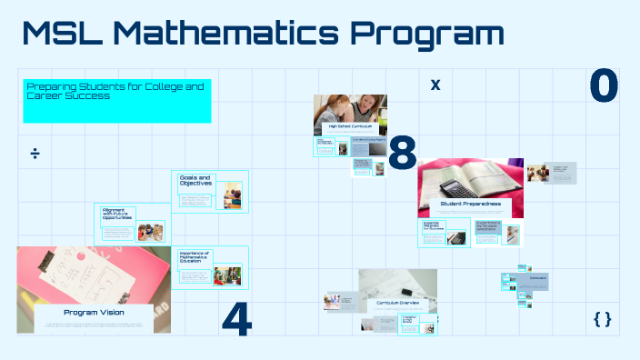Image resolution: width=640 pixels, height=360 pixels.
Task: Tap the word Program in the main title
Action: coord(426,35)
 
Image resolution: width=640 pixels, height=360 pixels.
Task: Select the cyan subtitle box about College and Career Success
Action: coord(117,101)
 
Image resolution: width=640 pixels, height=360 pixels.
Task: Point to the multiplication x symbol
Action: coord(435,85)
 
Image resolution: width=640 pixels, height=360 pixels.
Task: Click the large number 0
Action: coord(604,85)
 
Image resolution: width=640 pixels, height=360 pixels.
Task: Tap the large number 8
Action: coord(402,154)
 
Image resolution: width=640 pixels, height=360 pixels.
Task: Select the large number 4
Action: coord(236,318)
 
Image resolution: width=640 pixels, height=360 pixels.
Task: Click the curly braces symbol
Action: coord(602,318)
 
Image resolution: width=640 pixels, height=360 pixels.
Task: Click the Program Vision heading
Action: coord(93,312)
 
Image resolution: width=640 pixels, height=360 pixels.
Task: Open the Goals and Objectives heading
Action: coord(195,180)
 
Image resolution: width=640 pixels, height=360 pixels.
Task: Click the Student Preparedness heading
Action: coord(470,205)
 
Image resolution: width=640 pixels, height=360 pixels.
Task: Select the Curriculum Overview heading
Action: coord(397,301)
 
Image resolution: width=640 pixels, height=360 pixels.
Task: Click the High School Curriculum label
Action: coord(350,126)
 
